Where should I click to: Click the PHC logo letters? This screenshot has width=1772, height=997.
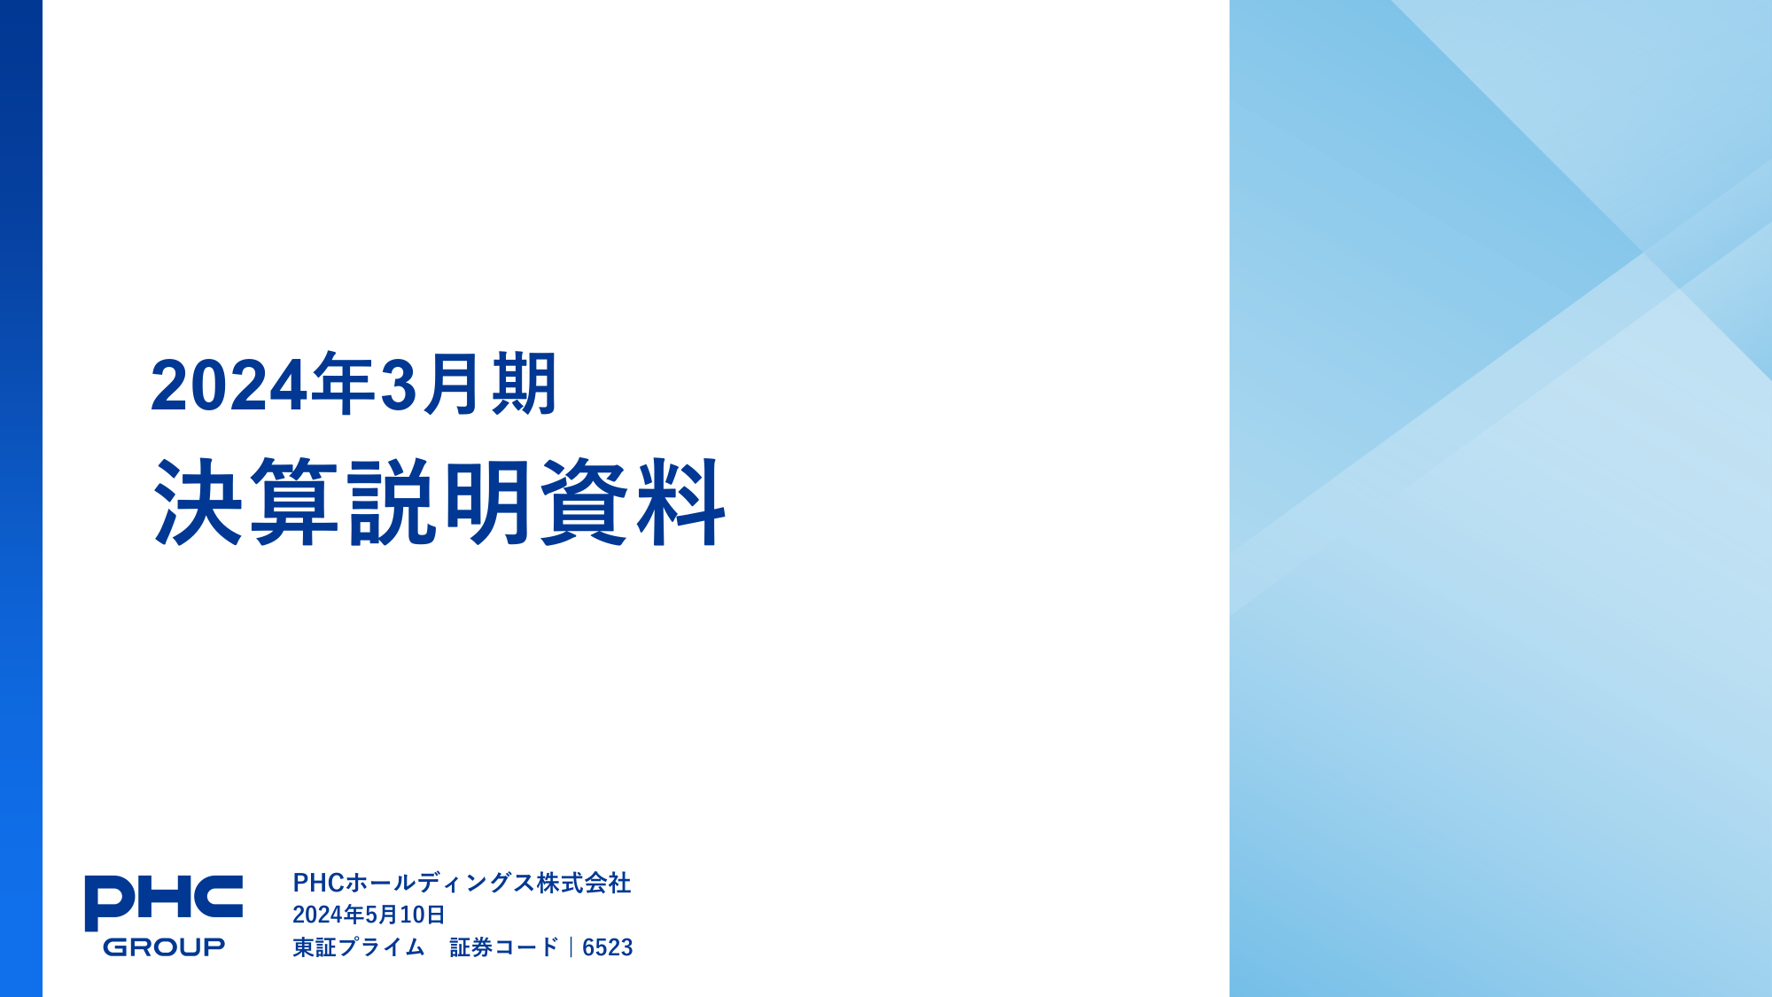tap(164, 902)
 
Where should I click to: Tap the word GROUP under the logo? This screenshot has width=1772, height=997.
tap(164, 946)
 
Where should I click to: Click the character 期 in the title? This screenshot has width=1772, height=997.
tap(525, 383)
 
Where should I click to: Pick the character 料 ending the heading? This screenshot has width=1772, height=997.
tap(681, 502)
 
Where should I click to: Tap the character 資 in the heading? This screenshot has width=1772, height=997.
tap(585, 502)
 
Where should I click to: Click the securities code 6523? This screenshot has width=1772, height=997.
tap(608, 947)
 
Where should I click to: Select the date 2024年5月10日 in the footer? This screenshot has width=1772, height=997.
tap(369, 915)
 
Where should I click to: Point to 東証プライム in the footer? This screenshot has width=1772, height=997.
tap(359, 947)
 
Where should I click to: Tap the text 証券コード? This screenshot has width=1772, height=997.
tap(504, 947)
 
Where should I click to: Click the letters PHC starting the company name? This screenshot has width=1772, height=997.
tap(318, 883)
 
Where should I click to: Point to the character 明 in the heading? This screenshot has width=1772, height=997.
tap(488, 502)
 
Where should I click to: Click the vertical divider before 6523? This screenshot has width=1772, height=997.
tap(571, 947)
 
